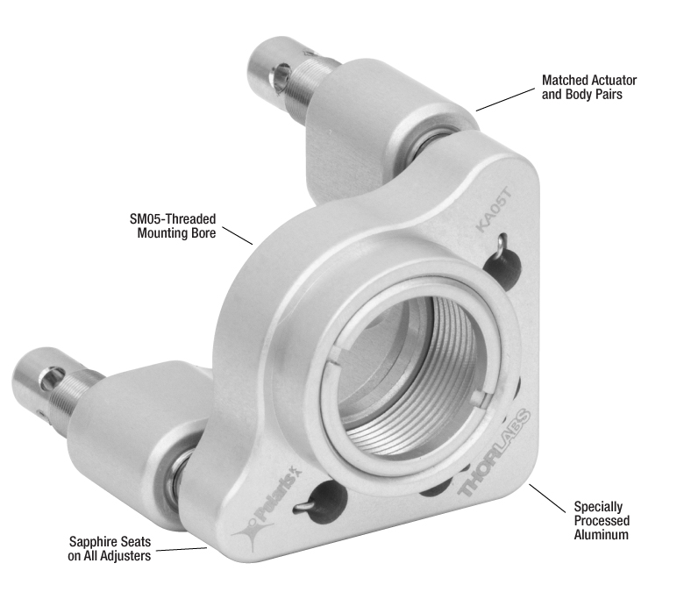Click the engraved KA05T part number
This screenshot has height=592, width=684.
494,209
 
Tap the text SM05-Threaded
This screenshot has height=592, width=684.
173,218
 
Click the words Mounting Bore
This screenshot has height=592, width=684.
176,233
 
